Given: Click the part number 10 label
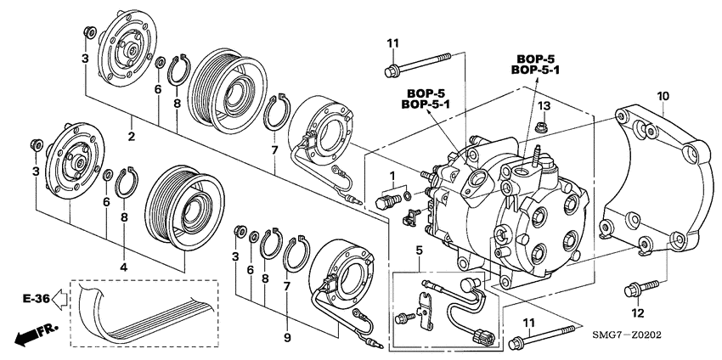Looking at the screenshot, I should point(663,94).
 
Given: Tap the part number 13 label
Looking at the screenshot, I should point(544,104).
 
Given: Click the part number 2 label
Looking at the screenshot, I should point(132,137).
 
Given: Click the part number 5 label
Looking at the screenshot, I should point(419,249).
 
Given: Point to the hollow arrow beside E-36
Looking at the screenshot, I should point(59,298).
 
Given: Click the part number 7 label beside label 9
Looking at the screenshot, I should point(286,287).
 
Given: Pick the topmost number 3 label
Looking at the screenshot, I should point(85,58).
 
